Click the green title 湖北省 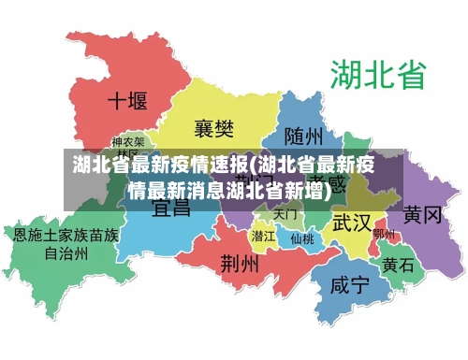(376, 74)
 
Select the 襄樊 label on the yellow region (213, 127)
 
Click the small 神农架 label (128, 148)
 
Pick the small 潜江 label (263, 236)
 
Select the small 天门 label (285, 214)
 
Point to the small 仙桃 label (301, 238)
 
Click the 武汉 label (351, 223)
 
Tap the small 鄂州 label (383, 234)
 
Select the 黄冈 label (422, 215)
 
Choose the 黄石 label (397, 265)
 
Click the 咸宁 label (350, 285)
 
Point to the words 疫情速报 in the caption (203, 168)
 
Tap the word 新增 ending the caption (311, 192)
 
